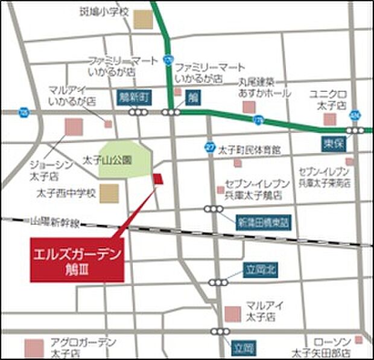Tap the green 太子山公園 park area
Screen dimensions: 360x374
click(x=124, y=159)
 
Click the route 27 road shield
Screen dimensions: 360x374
click(x=210, y=146)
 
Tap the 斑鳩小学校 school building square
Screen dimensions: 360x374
click(x=144, y=20)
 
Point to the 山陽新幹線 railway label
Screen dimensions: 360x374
click(x=55, y=223)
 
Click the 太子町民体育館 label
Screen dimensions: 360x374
click(x=250, y=149)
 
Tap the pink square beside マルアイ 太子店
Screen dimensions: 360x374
click(x=232, y=314)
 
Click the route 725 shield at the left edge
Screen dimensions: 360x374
click(x=24, y=112)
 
